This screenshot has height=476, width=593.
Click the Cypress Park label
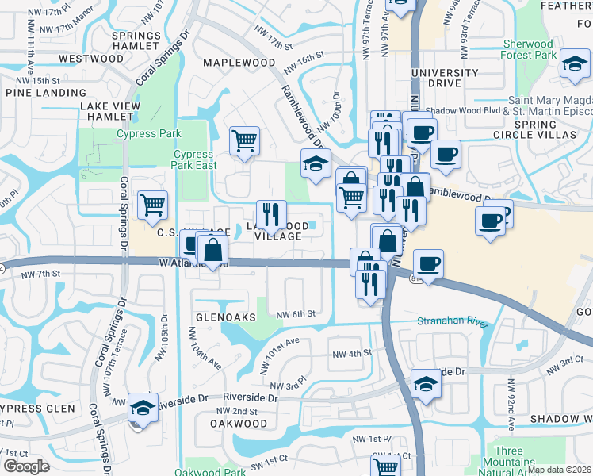148,134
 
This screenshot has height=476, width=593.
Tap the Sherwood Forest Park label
529,50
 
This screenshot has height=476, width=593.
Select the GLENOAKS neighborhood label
226,317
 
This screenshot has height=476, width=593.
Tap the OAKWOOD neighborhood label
239,424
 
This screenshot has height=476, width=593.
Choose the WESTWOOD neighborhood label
91,59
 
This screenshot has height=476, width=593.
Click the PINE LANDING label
39,92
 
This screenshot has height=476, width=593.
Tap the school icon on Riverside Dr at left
143,408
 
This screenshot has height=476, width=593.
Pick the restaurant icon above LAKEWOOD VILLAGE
271,214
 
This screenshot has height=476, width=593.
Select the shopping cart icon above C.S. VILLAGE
153,205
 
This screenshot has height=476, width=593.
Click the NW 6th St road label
297,314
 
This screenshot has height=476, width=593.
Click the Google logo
26,466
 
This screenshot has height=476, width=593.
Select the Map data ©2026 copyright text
559,470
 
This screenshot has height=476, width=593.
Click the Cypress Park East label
193,160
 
